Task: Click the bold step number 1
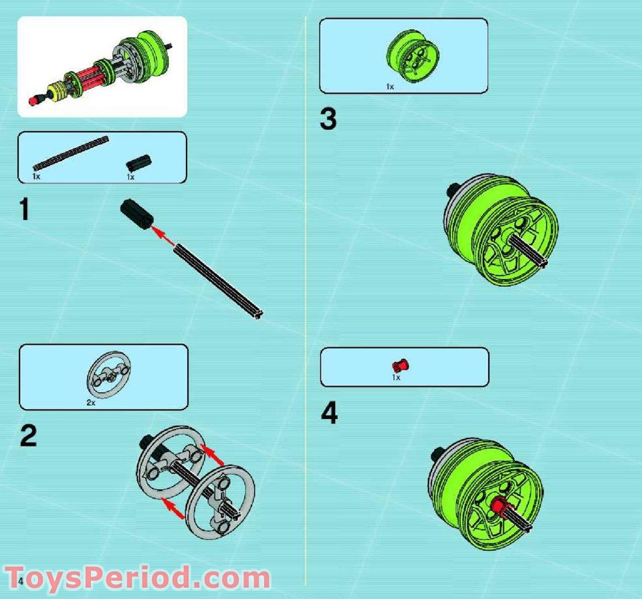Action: (x=25, y=209)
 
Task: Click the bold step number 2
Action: (x=28, y=436)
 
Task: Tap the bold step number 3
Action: (x=328, y=120)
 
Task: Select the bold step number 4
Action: (x=329, y=413)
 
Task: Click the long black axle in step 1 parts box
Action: (x=71, y=153)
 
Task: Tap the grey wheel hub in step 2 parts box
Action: (x=108, y=376)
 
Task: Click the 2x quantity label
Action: (x=91, y=403)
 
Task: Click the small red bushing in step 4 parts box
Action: (x=401, y=365)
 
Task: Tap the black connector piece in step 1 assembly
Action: (x=136, y=214)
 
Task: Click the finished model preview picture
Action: (x=102, y=67)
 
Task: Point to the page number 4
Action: (x=21, y=579)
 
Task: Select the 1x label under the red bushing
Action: (x=396, y=378)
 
